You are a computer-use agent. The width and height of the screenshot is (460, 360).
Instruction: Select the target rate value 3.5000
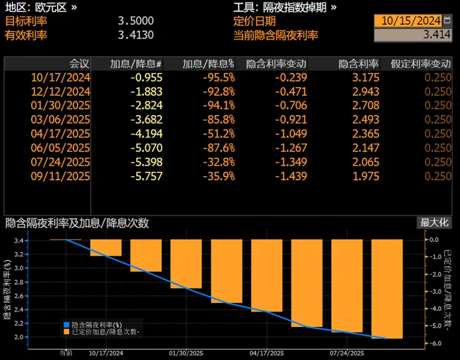coord(136,21)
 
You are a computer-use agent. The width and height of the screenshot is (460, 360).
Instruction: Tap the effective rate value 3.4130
coord(136,35)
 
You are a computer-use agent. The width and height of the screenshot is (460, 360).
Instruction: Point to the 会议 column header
coord(79,64)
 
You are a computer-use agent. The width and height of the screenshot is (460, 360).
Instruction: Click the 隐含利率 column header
coord(358,64)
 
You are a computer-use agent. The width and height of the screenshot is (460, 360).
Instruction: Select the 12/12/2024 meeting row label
coord(61,91)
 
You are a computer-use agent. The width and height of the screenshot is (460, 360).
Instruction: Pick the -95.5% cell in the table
coord(221,78)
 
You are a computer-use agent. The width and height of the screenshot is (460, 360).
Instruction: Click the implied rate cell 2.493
coord(366,120)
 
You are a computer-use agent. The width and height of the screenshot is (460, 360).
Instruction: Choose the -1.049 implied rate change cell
coord(292,134)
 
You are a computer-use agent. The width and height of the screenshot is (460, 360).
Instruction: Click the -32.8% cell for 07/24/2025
coord(221,162)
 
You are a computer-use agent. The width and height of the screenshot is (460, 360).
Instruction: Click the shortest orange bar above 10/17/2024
coord(106,247)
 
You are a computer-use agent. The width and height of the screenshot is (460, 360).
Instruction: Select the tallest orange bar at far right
coord(387,289)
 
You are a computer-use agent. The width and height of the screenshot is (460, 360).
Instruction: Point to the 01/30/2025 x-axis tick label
coord(185,353)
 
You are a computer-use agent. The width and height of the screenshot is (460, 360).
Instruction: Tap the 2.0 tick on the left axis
coord(17,337)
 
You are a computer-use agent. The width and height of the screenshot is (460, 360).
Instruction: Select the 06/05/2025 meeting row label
coord(61,148)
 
